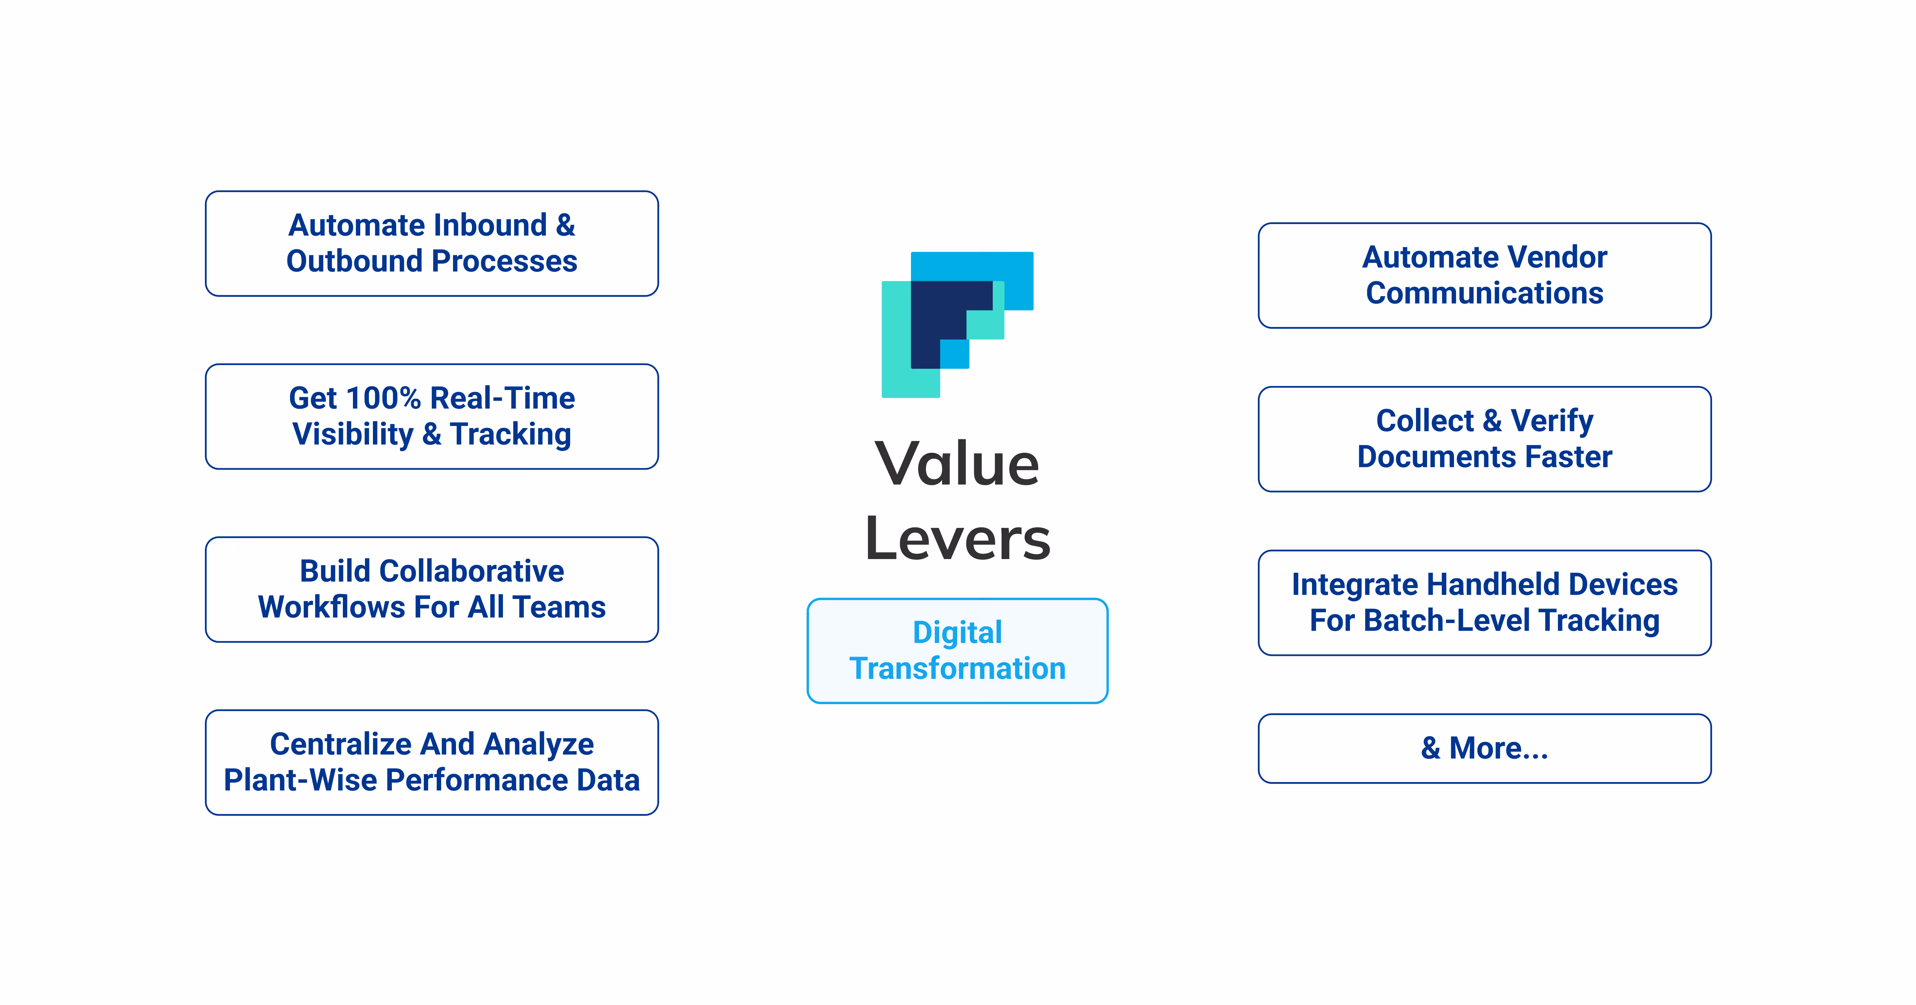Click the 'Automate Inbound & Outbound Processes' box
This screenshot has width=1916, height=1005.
click(x=431, y=243)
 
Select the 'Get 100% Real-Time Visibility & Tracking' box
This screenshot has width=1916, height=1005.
click(x=431, y=416)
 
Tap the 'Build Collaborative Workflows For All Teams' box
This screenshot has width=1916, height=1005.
click(x=431, y=589)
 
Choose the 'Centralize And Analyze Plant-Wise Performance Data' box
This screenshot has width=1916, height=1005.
click(x=431, y=762)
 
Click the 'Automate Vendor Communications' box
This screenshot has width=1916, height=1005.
click(x=1484, y=275)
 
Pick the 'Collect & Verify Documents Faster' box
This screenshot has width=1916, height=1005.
click(x=1484, y=439)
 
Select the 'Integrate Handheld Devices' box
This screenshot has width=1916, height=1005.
click(x=1484, y=603)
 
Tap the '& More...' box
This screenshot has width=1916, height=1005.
click(x=1484, y=748)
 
